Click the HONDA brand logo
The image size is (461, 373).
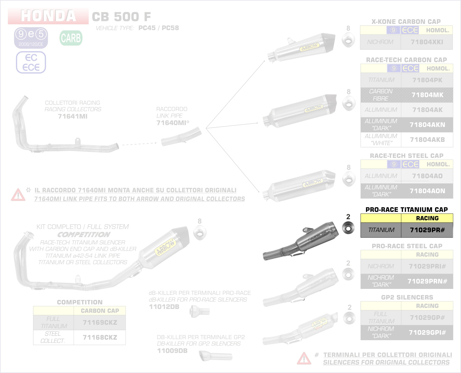click(x=48, y=16)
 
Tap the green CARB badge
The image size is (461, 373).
click(x=71, y=38)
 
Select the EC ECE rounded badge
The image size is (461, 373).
click(x=31, y=62)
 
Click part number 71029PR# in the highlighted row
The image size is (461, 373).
click(x=427, y=230)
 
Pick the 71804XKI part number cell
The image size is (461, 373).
click(x=427, y=42)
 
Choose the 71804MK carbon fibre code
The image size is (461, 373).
click(x=427, y=95)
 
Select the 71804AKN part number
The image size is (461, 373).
click(x=427, y=125)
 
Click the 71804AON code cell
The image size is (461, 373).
click(x=427, y=191)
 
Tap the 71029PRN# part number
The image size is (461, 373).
click(x=427, y=281)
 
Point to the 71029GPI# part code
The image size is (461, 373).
click(x=427, y=333)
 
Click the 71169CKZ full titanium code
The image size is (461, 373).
click(x=100, y=323)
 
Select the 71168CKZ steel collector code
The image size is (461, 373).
click(x=100, y=337)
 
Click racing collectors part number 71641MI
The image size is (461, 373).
click(x=73, y=116)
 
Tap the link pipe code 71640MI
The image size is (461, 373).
click(x=171, y=123)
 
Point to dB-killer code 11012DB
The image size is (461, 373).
click(x=164, y=307)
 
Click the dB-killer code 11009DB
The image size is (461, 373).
click(x=172, y=351)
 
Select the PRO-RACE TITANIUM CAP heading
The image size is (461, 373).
click(x=406, y=210)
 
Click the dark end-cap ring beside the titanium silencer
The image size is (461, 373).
click(x=348, y=228)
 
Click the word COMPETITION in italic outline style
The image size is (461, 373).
click(x=84, y=235)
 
